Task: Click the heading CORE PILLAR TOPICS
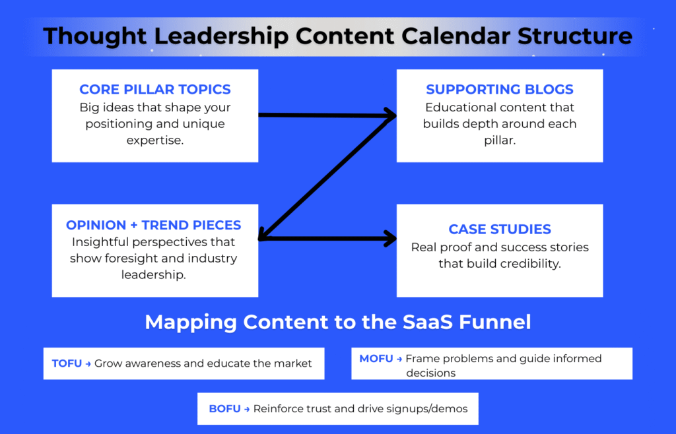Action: click(155, 89)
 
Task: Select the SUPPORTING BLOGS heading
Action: click(500, 89)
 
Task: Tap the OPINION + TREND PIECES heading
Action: click(154, 225)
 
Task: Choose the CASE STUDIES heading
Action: click(500, 230)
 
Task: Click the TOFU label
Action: click(67, 363)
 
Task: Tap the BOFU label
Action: click(224, 409)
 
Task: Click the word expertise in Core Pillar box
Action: click(155, 140)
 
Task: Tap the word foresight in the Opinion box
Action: click(131, 258)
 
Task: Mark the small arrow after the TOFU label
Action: click(88, 364)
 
